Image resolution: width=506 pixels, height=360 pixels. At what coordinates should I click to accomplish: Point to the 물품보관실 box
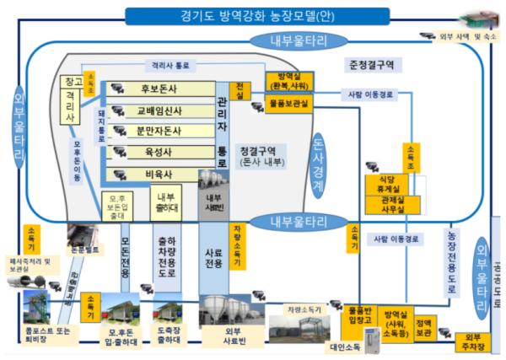pyautogui.click(x=289, y=103)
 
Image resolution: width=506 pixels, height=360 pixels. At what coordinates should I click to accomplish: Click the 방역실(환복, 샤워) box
pyautogui.click(x=289, y=82)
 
